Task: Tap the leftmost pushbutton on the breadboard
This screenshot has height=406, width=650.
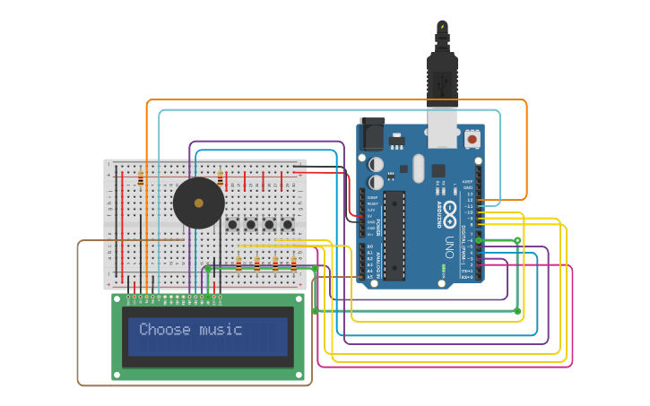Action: [232, 224]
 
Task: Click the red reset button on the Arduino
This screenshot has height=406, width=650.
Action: [472, 139]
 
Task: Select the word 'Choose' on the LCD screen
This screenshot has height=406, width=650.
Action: [165, 330]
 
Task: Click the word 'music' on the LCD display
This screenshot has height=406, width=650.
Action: [221, 330]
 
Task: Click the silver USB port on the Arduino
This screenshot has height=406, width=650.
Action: [443, 128]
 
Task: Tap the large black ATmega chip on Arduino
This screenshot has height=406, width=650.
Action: [394, 235]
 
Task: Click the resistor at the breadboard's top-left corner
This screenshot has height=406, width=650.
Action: [141, 177]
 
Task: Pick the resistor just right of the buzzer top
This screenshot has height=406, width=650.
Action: [221, 177]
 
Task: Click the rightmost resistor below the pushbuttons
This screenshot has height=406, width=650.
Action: [293, 263]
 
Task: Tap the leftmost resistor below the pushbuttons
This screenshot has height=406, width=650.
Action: [238, 263]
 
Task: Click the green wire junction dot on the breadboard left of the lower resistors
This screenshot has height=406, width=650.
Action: [208, 267]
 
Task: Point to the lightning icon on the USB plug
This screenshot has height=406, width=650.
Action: [442, 26]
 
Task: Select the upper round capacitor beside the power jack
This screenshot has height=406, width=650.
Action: [377, 165]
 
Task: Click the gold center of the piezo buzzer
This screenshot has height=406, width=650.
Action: [198, 203]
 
